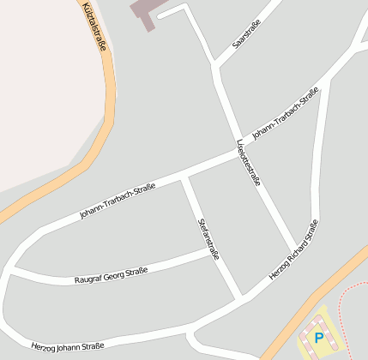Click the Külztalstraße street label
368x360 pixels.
[94, 27]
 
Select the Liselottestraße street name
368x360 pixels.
[248, 162]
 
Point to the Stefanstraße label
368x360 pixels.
[208, 237]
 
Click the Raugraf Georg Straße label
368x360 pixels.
[111, 274]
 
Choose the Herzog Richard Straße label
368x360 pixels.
[294, 249]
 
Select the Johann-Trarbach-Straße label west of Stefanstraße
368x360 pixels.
[118, 200]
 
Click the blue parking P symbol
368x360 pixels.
[319, 338]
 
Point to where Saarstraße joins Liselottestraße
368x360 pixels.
[214, 64]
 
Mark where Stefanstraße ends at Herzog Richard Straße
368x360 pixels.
[240, 297]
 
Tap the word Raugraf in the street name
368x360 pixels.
[88, 279]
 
